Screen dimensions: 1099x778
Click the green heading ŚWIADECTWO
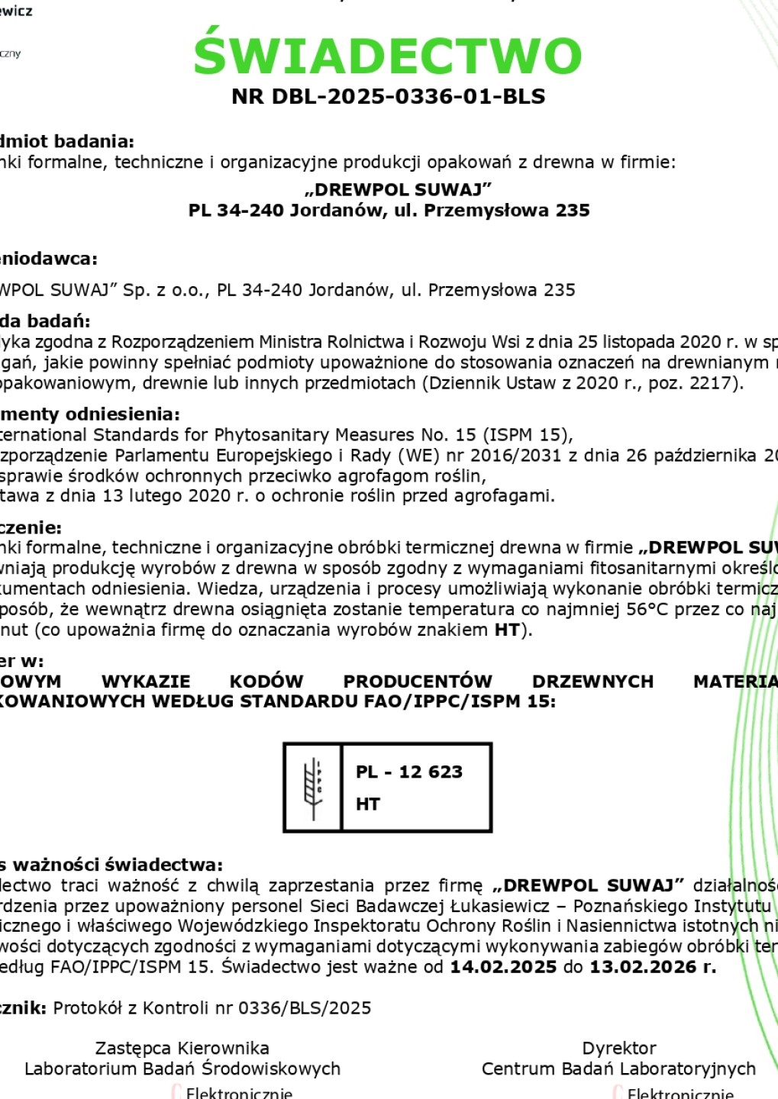coord(388,56)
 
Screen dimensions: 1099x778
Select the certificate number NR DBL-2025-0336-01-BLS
coord(388,97)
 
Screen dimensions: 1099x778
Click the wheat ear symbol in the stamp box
coord(313,787)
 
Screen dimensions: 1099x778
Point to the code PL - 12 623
coord(409,772)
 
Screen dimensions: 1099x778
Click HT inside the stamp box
coord(368,804)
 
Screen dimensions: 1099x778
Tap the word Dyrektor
coord(618,1049)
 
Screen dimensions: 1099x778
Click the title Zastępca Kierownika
coord(182,1049)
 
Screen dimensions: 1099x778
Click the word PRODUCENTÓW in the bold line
coord(418,682)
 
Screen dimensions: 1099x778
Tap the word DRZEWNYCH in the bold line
coord(592,682)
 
